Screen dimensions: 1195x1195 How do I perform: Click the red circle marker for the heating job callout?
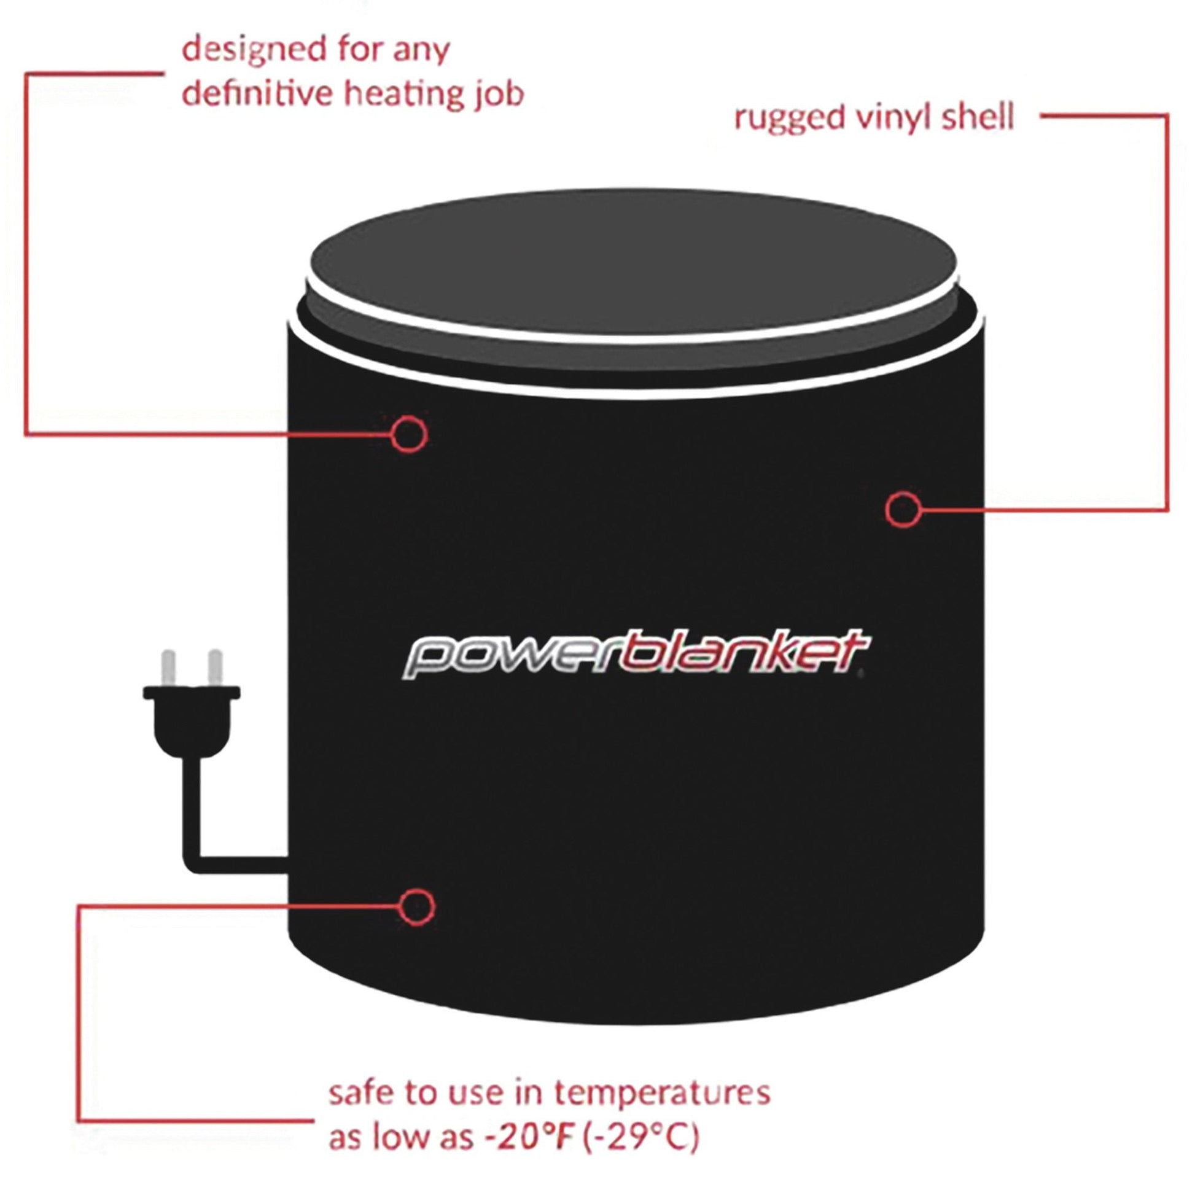coord(410,434)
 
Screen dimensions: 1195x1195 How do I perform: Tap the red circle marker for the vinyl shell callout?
coord(903,509)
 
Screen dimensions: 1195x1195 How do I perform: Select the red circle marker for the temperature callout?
coord(417,907)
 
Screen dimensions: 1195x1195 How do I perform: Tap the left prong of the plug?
coord(168,668)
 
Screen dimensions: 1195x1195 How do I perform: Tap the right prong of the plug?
coord(216,668)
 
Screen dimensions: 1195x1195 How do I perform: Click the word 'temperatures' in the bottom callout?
coord(661,1093)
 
